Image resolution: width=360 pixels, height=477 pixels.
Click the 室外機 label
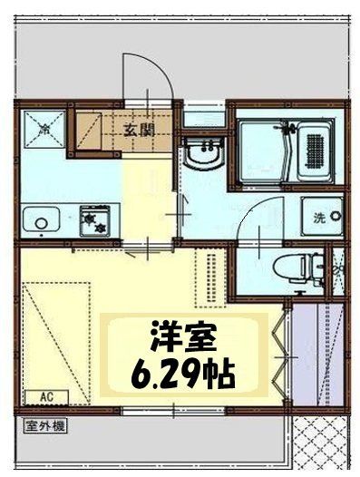pyautogui.click(x=44, y=423)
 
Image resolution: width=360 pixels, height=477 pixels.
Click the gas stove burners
pyautogui.click(x=94, y=220)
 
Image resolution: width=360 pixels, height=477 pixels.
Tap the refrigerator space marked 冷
pyautogui.click(x=43, y=130)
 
